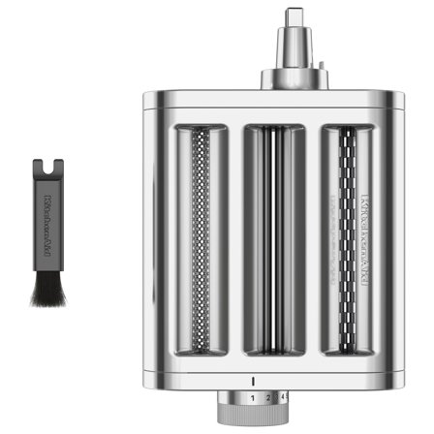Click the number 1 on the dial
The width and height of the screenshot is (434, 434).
click(253, 398)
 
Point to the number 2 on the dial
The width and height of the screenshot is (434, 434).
click(268, 398)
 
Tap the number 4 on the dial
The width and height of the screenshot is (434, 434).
click(282, 398)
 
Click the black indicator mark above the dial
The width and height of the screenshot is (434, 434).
click(253, 379)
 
